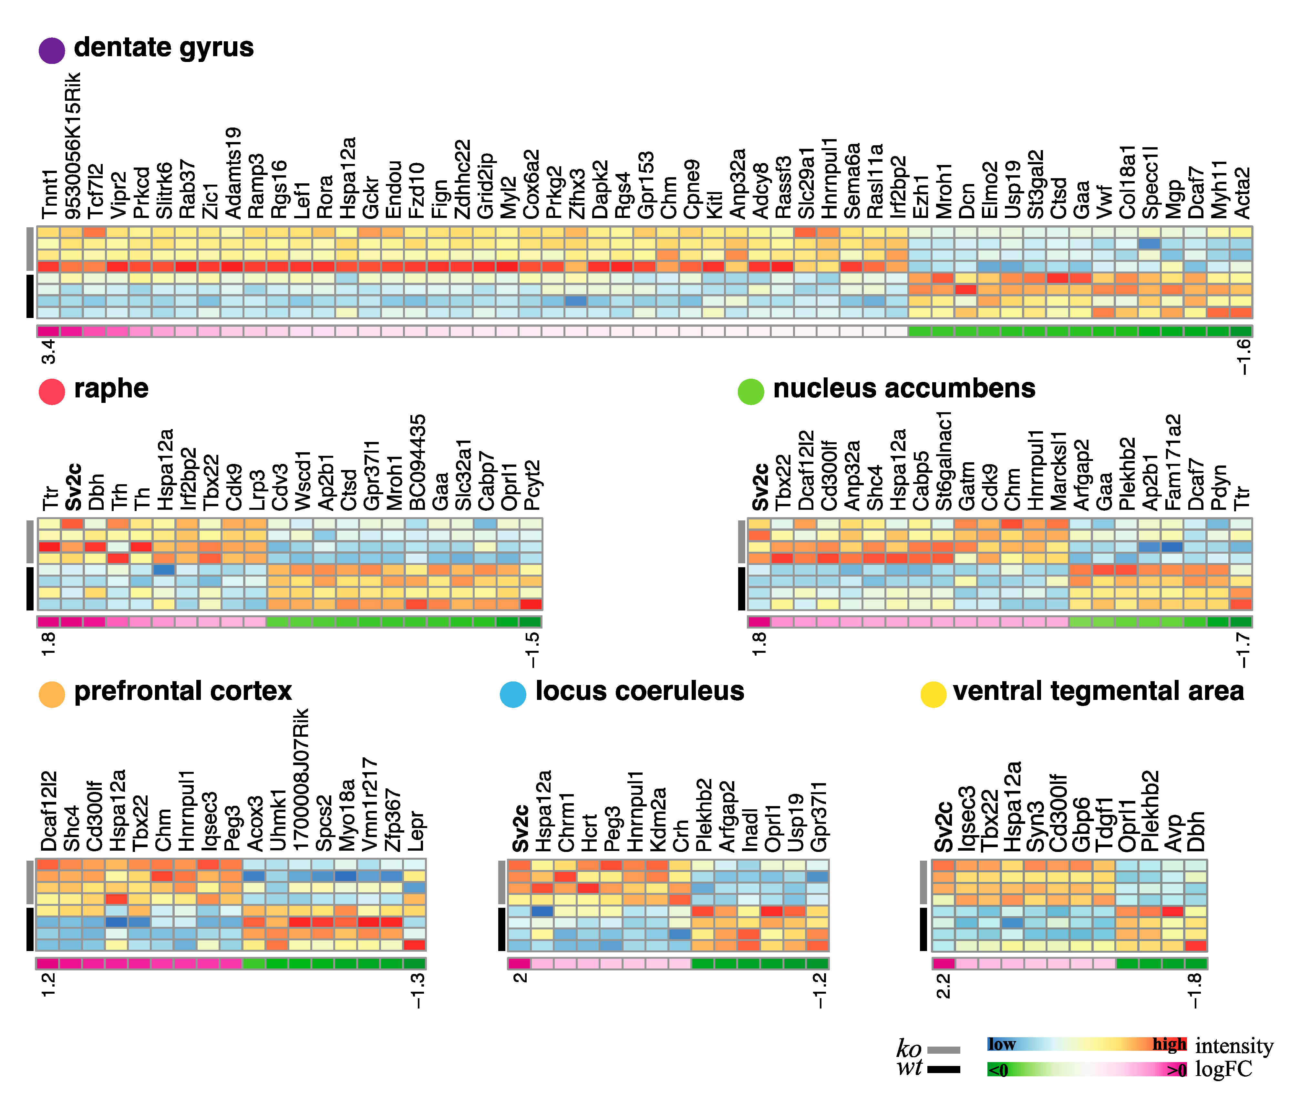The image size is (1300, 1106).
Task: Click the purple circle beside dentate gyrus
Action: (51, 50)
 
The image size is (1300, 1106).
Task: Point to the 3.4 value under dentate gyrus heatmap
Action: (49, 351)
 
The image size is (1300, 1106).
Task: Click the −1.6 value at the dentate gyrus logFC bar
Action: (1243, 356)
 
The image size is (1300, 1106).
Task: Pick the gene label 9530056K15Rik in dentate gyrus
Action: (73, 146)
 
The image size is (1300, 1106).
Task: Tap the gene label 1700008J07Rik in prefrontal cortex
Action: (301, 779)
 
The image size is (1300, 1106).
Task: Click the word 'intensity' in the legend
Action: (1233, 1046)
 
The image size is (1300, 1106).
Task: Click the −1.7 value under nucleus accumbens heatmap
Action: (1242, 650)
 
